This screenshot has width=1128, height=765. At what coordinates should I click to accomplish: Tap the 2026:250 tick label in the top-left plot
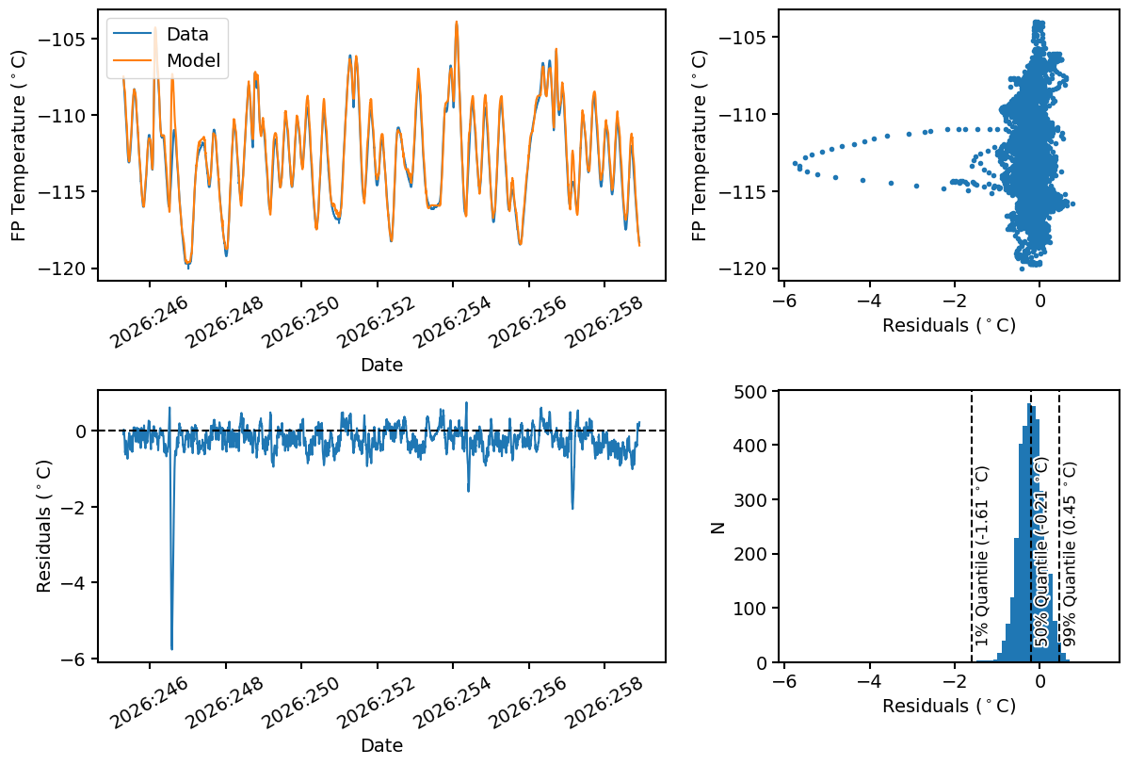coord(300,321)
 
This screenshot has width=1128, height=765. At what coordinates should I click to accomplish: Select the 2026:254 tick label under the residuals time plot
coord(452,703)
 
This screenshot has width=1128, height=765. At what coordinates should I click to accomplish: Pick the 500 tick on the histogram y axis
coord(755,392)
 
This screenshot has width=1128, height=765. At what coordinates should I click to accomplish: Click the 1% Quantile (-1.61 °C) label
coord(982,556)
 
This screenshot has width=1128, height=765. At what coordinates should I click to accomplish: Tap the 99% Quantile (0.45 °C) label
coord(1069,553)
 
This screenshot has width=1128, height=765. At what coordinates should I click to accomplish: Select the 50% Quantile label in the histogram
coord(1041,552)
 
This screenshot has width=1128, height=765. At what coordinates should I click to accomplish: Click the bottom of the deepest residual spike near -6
coord(172,649)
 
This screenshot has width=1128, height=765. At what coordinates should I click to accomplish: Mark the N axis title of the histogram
coord(717,528)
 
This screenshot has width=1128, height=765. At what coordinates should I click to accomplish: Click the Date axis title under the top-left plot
coord(381,365)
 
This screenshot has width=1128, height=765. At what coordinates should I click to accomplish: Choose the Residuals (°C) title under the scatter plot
coord(949,325)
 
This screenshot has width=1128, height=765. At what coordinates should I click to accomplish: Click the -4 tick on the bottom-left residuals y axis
coord(76,583)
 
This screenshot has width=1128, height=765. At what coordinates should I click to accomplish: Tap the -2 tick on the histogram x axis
coord(954,681)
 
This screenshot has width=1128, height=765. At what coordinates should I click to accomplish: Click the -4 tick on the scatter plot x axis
coord(869,301)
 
